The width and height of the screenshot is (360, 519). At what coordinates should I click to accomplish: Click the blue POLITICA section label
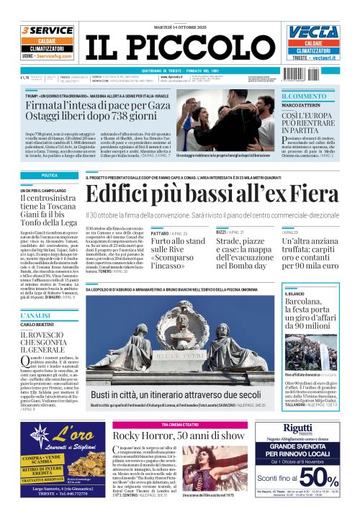click(50, 176)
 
